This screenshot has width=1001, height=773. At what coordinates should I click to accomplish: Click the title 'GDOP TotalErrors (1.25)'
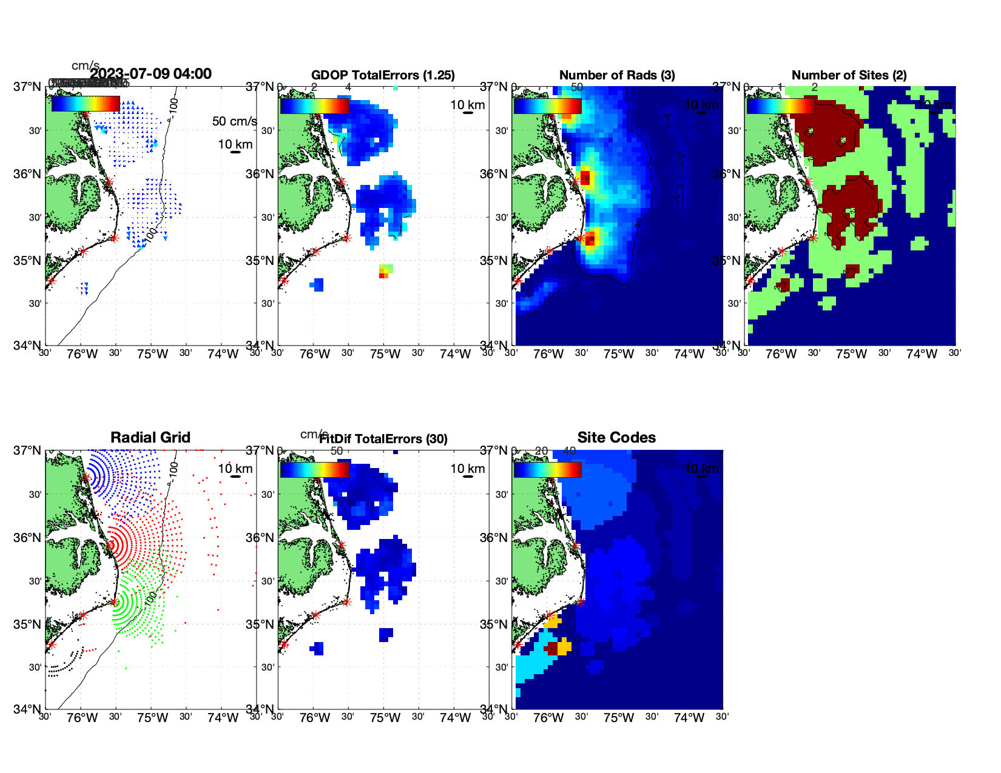tap(383, 75)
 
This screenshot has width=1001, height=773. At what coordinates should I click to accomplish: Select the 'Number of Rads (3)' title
tap(617, 75)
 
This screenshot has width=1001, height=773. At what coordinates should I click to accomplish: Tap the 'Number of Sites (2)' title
tap(849, 75)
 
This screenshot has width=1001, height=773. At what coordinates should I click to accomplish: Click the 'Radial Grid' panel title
tap(150, 438)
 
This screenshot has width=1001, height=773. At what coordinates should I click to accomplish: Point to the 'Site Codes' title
tap(616, 438)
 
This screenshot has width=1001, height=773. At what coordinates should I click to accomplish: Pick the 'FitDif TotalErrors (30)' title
tap(383, 439)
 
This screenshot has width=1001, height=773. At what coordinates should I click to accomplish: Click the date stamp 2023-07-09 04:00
tap(150, 74)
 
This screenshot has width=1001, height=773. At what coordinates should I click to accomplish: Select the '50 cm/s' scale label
tap(234, 121)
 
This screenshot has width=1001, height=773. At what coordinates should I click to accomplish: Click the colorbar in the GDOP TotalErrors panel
tap(314, 105)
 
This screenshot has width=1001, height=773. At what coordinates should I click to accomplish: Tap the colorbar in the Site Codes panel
tap(547, 469)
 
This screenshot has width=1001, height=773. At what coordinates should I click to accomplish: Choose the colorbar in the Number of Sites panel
tap(780, 105)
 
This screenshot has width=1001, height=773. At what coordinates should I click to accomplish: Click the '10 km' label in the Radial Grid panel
tap(235, 469)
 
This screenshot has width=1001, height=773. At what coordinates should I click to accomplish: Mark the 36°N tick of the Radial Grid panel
tap(27, 538)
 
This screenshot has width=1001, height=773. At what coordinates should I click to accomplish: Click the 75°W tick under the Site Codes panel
tap(618, 718)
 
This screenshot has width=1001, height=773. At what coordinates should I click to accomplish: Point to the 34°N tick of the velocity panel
tap(27, 346)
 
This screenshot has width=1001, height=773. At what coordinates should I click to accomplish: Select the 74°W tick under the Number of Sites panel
tap(922, 354)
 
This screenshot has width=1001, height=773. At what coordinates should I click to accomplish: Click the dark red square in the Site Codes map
tap(552, 649)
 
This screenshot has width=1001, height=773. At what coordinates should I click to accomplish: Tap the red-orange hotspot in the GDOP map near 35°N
tap(383, 275)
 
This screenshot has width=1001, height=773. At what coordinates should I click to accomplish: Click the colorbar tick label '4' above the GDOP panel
tap(348, 87)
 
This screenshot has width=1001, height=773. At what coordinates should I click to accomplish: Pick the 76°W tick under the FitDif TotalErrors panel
tap(315, 718)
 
